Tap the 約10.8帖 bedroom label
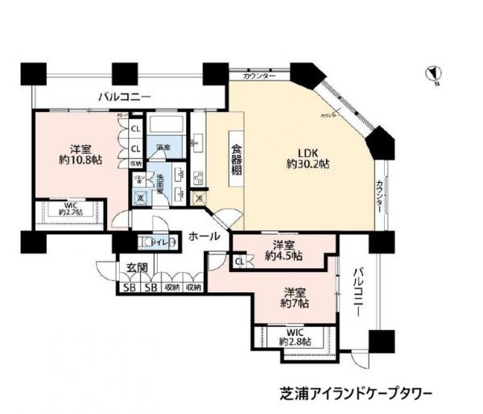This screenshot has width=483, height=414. tap(78, 155)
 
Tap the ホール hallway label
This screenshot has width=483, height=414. tap(205, 237)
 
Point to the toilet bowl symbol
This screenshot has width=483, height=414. tap(146, 242)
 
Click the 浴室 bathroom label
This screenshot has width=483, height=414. tap(163, 147)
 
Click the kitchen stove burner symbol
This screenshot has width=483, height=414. tap(196, 176)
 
